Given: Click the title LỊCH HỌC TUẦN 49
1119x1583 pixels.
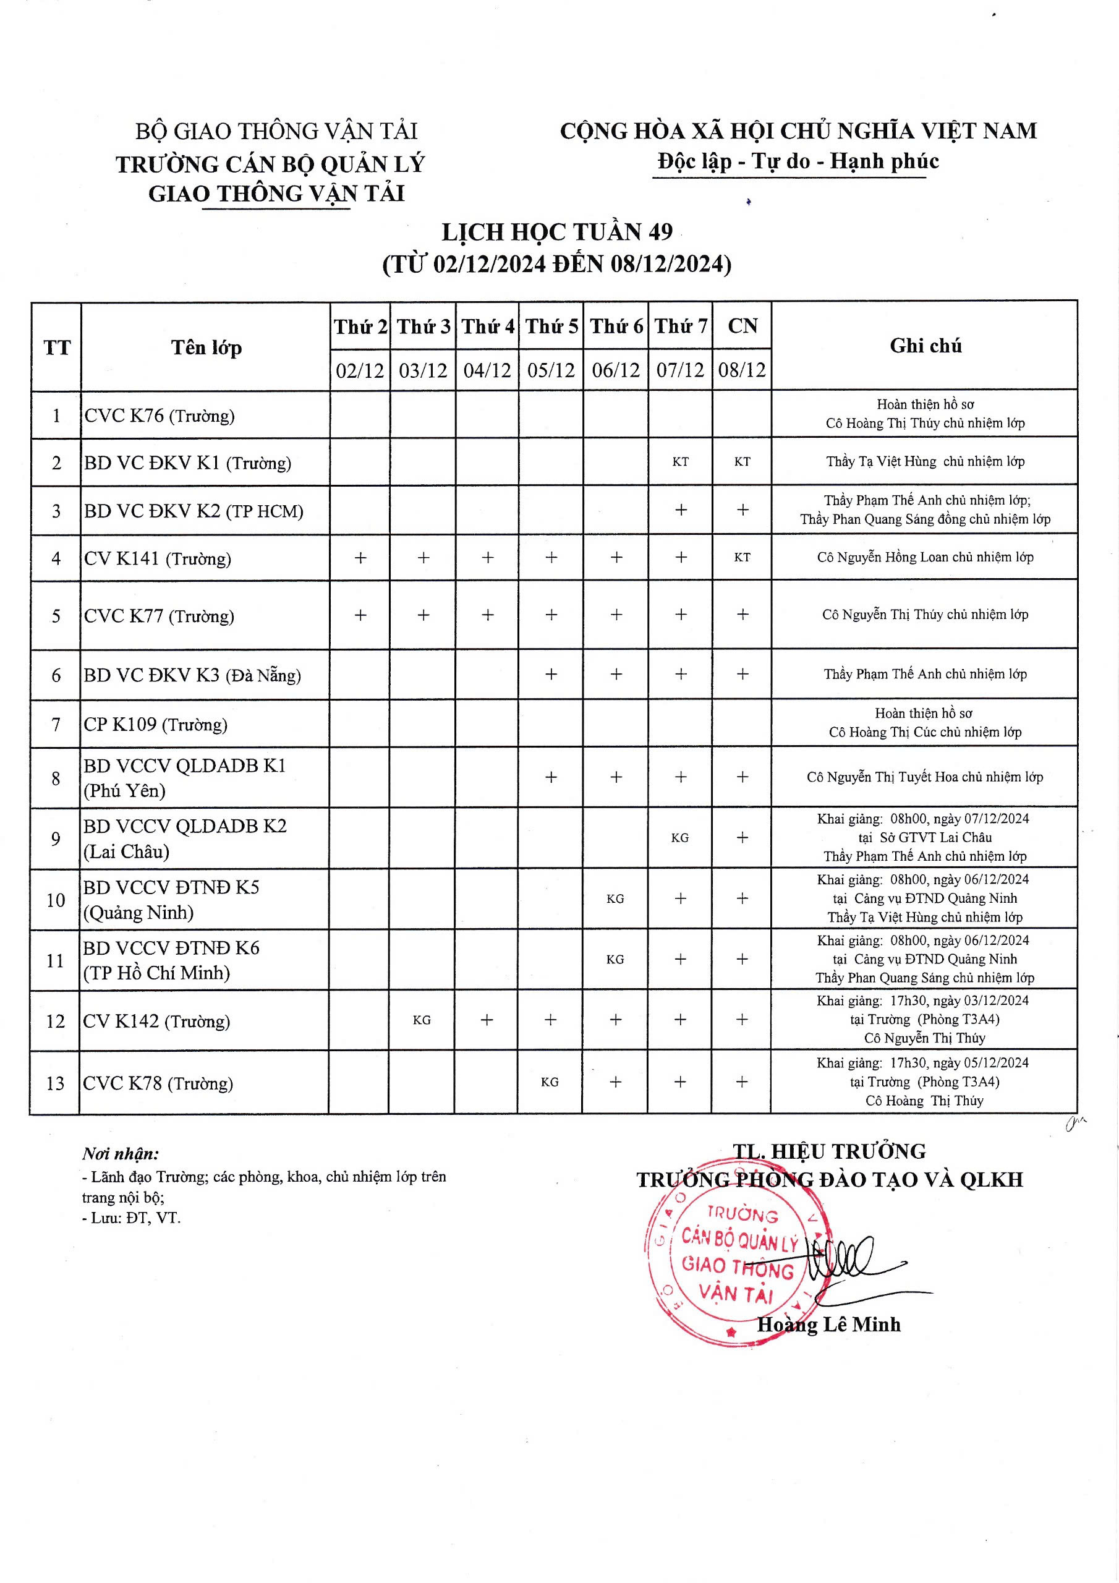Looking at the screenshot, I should pyautogui.click(x=557, y=233).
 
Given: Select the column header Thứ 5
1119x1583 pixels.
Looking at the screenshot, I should pyautogui.click(x=551, y=326).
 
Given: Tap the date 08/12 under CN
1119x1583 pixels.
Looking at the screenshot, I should pyautogui.click(x=742, y=370).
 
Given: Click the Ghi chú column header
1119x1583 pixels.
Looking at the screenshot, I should pyautogui.click(x=925, y=346).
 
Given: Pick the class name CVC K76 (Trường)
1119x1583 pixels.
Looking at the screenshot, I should pyautogui.click(x=160, y=416).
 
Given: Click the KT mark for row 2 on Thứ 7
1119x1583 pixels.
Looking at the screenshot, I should pyautogui.click(x=680, y=462).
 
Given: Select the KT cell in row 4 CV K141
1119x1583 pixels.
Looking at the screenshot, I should pyautogui.click(x=742, y=557).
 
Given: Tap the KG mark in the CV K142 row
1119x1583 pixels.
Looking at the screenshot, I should pyautogui.click(x=422, y=1020).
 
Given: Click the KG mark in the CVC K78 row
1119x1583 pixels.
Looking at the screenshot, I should pyautogui.click(x=550, y=1082).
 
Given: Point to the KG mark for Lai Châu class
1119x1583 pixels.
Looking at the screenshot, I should pyautogui.click(x=680, y=838).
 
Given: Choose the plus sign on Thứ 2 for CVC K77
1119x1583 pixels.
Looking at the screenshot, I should pyautogui.click(x=360, y=615).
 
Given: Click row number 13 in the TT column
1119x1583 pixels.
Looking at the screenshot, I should pyautogui.click(x=55, y=1083).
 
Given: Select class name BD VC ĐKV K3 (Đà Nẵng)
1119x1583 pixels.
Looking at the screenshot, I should pyautogui.click(x=192, y=675).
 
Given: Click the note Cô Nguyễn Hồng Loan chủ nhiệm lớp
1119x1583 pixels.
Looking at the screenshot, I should pyautogui.click(x=925, y=557).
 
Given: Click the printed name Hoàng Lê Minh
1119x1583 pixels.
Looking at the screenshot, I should pyautogui.click(x=828, y=1325).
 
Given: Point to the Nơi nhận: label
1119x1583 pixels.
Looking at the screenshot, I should pyautogui.click(x=120, y=1154).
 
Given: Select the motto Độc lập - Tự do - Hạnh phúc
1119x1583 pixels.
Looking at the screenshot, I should pyautogui.click(x=798, y=161).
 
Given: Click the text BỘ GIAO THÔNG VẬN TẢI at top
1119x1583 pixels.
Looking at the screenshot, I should pyautogui.click(x=276, y=131).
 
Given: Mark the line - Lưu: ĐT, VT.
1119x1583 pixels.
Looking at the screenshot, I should pyautogui.click(x=131, y=1218).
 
